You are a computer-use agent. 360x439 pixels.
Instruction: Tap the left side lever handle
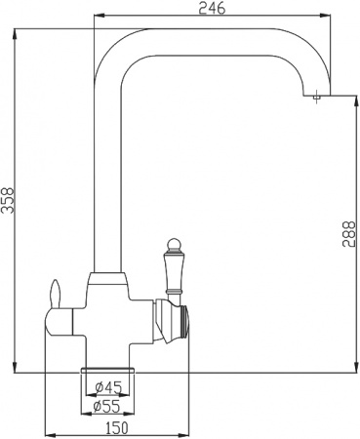pos(55,294)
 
